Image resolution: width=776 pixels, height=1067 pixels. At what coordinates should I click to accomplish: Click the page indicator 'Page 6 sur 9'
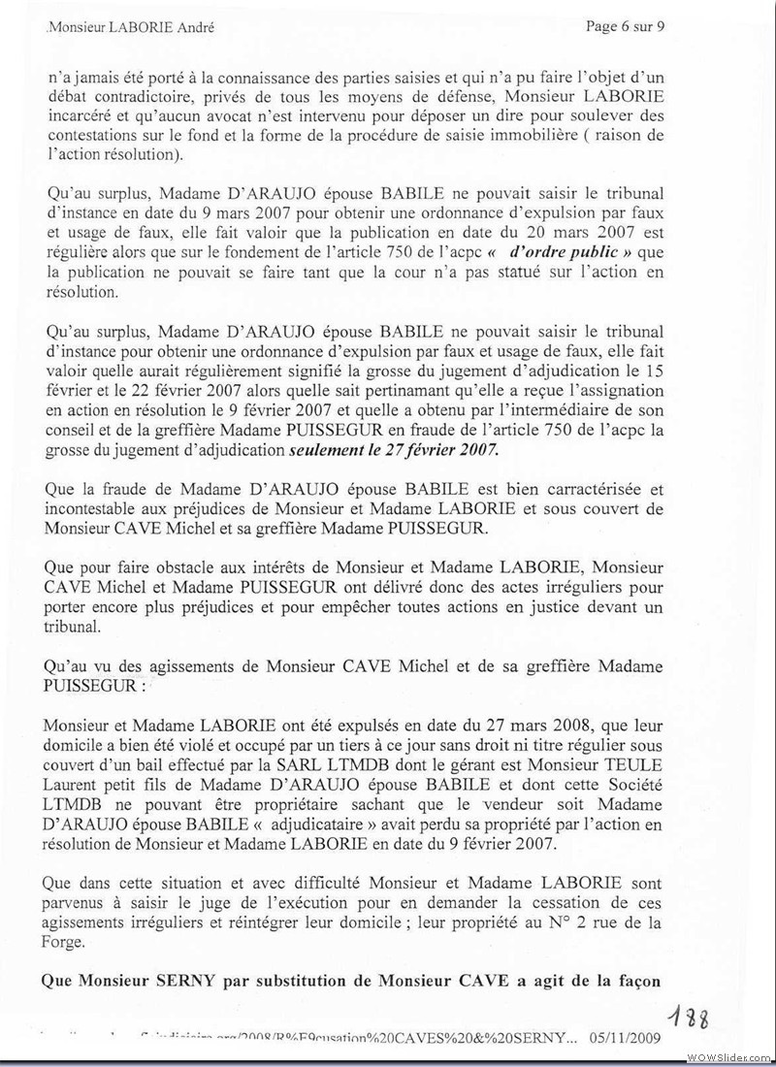626,26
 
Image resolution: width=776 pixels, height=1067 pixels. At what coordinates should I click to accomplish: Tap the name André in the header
194,28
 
